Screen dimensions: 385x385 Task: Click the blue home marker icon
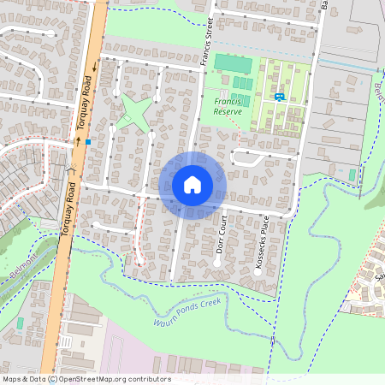[192, 185]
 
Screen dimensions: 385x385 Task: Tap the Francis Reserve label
[228, 106]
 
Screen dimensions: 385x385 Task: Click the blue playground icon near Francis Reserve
[279, 96]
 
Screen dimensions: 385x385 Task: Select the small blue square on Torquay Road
[87, 142]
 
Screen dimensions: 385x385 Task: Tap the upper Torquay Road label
[86, 95]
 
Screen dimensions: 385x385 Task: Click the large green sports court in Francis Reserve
[233, 62]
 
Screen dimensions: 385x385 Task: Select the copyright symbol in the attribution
[52, 379]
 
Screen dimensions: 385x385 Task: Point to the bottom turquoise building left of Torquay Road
[19, 323]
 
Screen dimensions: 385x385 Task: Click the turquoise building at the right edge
[352, 175]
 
